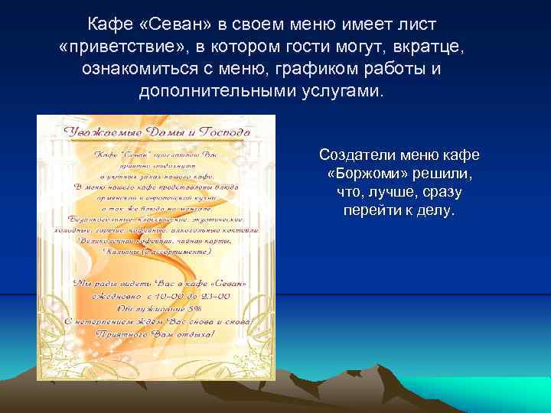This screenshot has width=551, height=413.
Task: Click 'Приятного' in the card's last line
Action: pyautogui.click(x=126, y=334)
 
